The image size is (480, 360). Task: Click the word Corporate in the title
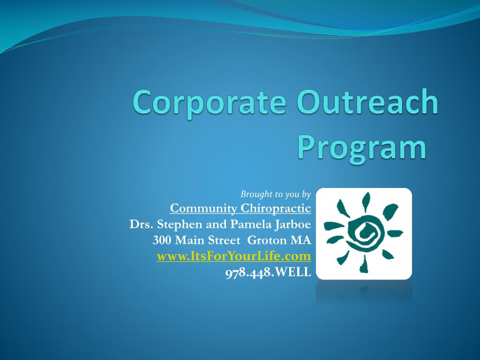click(210, 102)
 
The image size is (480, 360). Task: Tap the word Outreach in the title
click(367, 102)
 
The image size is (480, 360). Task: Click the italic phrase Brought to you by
click(276, 194)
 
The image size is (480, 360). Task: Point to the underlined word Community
click(203, 208)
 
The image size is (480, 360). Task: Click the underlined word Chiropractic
click(276, 209)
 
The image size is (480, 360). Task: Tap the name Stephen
click(180, 225)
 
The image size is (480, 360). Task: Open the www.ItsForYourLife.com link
click(234, 256)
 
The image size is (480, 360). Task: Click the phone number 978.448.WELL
click(268, 272)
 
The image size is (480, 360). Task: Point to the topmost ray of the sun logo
click(366, 202)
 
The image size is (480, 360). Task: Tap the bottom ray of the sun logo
click(364, 264)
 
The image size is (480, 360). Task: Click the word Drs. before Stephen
click(142, 225)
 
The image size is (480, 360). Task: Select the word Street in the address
click(224, 240)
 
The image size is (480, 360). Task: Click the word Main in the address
click(190, 240)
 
